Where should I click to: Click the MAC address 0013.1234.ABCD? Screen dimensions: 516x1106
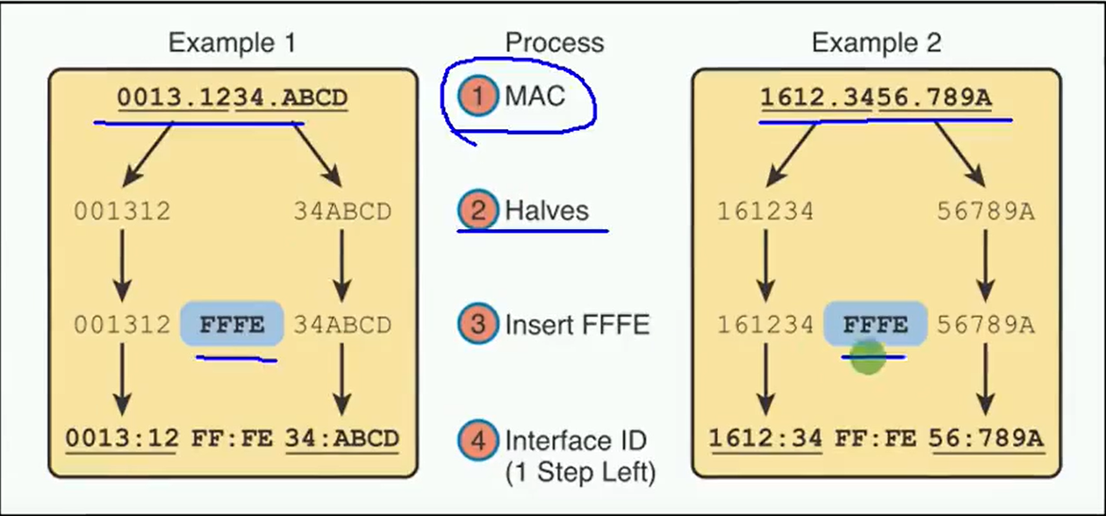(x=233, y=97)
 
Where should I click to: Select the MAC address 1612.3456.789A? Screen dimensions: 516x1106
(x=876, y=97)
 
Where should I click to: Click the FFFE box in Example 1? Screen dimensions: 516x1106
(x=233, y=325)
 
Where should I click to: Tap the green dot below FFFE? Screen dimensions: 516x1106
(x=866, y=358)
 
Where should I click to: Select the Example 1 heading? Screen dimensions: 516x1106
(x=233, y=42)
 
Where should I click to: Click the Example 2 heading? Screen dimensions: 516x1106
(x=876, y=42)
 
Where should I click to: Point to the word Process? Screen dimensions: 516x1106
(x=554, y=42)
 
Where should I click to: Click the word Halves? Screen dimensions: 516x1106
(x=546, y=211)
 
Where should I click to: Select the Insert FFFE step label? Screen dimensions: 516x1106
(x=577, y=325)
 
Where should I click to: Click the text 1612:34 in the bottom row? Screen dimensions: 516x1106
(x=765, y=438)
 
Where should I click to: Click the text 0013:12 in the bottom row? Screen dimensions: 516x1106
(x=122, y=438)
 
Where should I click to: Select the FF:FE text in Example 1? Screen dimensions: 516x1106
(x=233, y=438)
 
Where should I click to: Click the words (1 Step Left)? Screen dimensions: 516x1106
(x=580, y=472)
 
